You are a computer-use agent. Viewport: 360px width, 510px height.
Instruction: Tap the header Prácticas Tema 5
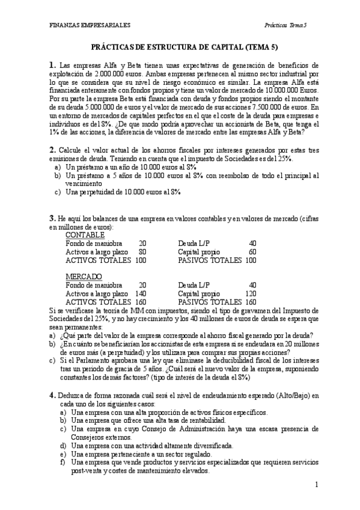click(285, 25)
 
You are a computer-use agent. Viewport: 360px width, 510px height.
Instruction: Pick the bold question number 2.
click(52, 149)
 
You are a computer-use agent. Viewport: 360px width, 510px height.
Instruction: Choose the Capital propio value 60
click(252, 251)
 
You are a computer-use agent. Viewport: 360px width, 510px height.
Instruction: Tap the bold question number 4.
click(52, 394)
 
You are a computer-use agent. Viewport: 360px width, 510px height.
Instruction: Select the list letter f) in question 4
click(61, 462)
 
